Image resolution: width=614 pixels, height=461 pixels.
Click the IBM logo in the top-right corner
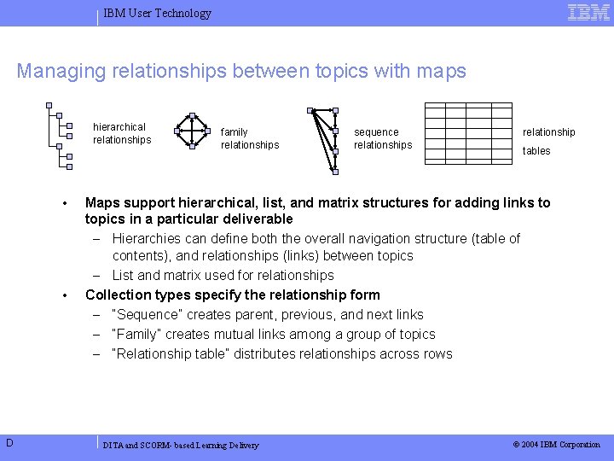[588, 12]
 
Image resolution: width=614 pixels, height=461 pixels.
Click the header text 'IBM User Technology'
[157, 13]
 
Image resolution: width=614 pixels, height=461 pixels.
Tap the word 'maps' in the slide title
[441, 71]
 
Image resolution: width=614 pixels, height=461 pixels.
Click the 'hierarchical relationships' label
[122, 133]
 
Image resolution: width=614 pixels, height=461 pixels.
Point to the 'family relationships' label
[249, 138]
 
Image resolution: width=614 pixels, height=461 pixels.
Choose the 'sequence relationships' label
[382, 138]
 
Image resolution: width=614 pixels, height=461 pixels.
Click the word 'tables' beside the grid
[536, 151]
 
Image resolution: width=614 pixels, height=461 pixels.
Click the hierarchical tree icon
[60, 136]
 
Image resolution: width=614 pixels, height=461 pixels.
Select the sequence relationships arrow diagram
[324, 139]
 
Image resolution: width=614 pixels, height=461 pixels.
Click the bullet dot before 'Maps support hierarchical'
[65, 203]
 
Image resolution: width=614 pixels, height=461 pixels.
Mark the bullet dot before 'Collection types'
[65, 295]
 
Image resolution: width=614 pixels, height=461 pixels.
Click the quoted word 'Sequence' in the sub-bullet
[144, 315]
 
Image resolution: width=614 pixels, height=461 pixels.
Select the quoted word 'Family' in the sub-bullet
[136, 335]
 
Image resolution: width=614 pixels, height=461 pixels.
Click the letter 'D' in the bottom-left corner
[8, 441]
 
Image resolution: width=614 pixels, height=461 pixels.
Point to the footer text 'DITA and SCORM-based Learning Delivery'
[180, 446]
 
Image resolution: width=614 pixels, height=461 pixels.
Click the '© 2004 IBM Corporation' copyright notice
[556, 445]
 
